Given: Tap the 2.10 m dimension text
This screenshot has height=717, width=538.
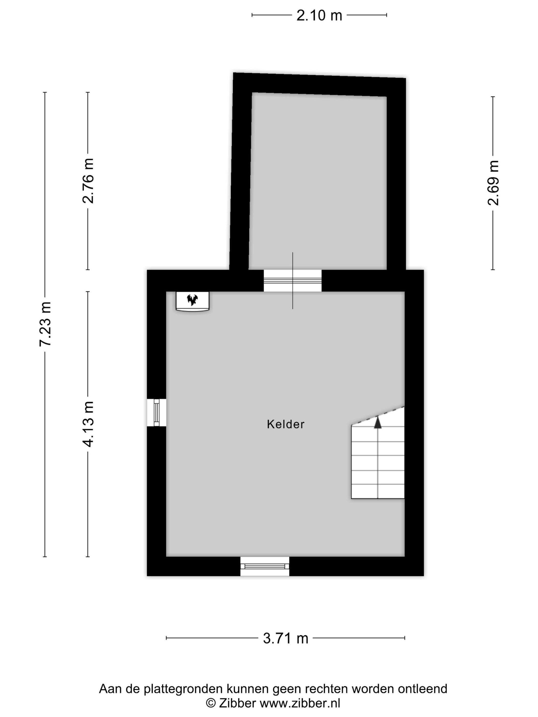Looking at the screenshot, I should pos(319,15).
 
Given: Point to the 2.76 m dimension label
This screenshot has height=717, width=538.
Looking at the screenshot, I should pos(88,181).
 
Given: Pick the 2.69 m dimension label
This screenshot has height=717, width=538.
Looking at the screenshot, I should pos(493,183).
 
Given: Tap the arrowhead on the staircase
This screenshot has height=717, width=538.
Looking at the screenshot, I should pos(377,423).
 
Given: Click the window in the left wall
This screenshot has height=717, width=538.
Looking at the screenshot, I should pos(157,412).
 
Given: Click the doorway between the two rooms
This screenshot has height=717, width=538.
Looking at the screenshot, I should pos(293,281).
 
